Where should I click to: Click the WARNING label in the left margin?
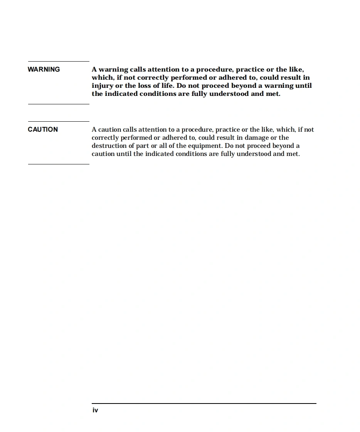44,69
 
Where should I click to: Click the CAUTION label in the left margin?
43,129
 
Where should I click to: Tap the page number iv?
95,410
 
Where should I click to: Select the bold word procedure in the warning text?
214,70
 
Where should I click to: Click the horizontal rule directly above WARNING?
59,61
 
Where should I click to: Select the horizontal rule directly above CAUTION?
59,121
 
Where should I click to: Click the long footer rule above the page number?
204,404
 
